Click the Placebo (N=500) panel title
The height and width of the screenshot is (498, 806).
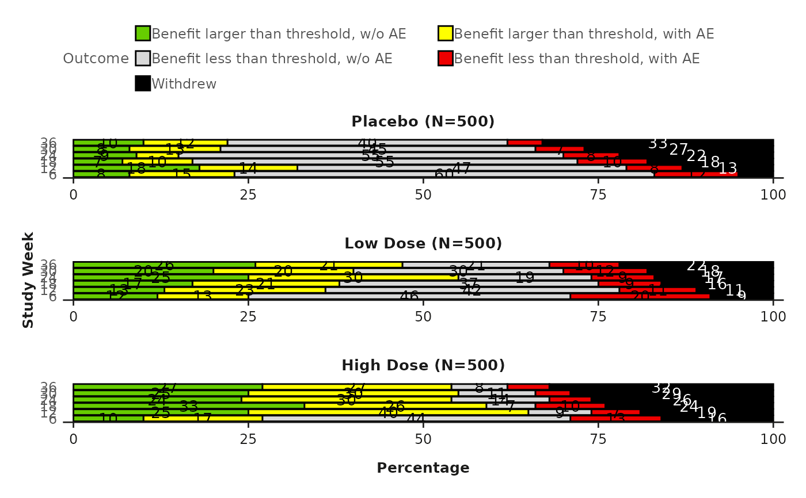click(423, 122)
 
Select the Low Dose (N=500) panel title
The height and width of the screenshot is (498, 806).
click(423, 244)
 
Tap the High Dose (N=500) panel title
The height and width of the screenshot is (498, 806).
click(423, 366)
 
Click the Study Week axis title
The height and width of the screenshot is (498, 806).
click(29, 280)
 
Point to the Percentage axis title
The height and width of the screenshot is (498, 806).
click(423, 468)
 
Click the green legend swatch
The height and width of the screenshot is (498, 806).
click(143, 33)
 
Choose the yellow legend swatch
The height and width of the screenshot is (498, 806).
click(446, 33)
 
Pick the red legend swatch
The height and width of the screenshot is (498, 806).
click(446, 59)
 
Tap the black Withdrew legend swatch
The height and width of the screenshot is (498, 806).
click(143, 83)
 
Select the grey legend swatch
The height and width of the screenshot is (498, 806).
click(143, 59)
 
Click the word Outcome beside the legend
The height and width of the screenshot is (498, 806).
click(96, 59)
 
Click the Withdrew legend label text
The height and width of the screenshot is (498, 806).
click(184, 84)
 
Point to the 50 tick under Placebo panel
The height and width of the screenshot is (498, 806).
click(423, 194)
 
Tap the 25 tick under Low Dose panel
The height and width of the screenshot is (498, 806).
click(248, 316)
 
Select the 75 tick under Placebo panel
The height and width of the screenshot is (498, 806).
click(598, 194)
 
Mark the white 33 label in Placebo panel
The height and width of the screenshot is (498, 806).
click(657, 144)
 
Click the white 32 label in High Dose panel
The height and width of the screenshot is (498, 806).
click(661, 388)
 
